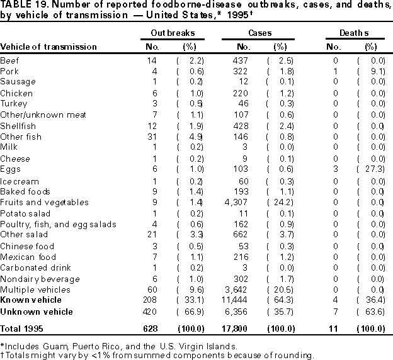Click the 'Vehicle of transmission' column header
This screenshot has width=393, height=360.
point(48,47)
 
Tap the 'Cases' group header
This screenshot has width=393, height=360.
point(259,31)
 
